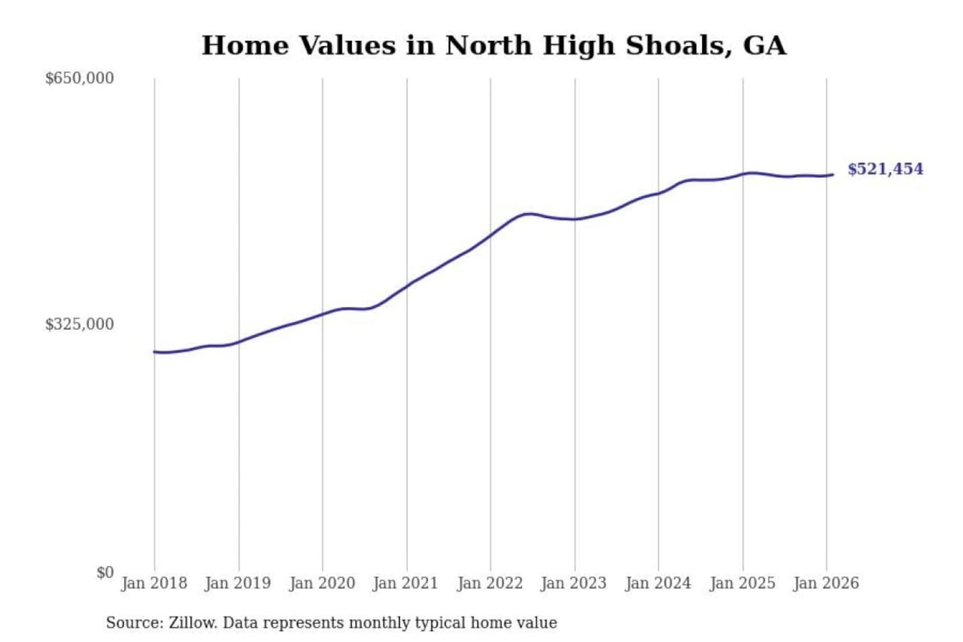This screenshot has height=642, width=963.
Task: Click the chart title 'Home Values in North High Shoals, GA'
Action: [494, 45]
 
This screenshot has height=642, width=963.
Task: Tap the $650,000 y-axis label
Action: [79, 78]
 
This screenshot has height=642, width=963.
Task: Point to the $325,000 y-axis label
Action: [79, 324]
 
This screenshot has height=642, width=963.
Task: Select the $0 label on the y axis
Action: [104, 572]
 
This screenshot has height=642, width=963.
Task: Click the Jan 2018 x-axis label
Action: [154, 583]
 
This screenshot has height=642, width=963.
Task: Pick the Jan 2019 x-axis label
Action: [237, 583]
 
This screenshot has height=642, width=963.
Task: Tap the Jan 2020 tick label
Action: [322, 583]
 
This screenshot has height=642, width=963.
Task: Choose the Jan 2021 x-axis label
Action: [405, 583]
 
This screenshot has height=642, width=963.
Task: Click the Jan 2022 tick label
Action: [490, 583]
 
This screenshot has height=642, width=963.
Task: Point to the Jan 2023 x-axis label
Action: [573, 583]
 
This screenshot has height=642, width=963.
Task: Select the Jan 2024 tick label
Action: [657, 583]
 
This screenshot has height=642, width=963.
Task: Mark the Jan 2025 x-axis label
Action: [742, 583]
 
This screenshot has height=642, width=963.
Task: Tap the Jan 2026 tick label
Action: [825, 583]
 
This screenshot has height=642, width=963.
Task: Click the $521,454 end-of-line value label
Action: [885, 169]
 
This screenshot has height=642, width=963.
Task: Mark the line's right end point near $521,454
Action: [832, 175]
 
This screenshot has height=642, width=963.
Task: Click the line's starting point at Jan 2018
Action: [154, 352]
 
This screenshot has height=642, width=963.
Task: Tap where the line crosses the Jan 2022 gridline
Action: [490, 235]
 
